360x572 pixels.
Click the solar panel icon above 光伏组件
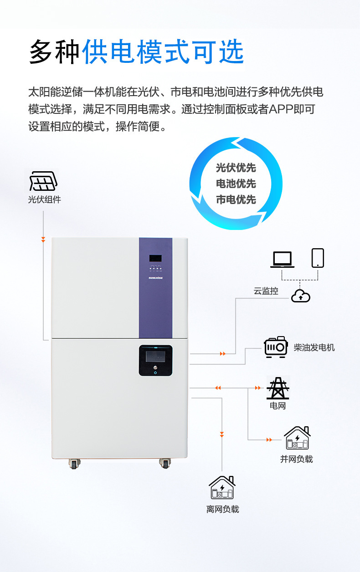(x=44, y=181)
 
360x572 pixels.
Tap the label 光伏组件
(x=44, y=199)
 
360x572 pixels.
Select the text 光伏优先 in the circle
(x=236, y=168)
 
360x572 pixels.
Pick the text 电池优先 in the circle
(x=236, y=184)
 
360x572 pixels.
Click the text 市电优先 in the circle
(x=236, y=199)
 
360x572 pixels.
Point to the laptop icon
(x=282, y=259)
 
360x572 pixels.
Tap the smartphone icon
(x=318, y=258)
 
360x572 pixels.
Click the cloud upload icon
(x=300, y=296)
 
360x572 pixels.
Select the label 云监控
(x=266, y=291)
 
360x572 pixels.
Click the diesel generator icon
(x=276, y=347)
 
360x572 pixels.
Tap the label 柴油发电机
(x=314, y=347)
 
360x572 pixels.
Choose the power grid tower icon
(x=278, y=388)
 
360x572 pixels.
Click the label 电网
(x=278, y=406)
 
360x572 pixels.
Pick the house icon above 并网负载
(x=297, y=438)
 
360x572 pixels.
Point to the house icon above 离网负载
(x=222, y=487)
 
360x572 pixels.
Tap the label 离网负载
(x=222, y=509)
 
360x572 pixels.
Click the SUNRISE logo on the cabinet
(x=155, y=276)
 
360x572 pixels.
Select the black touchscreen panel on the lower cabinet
(x=155, y=360)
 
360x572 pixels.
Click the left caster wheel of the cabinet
(x=74, y=464)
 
